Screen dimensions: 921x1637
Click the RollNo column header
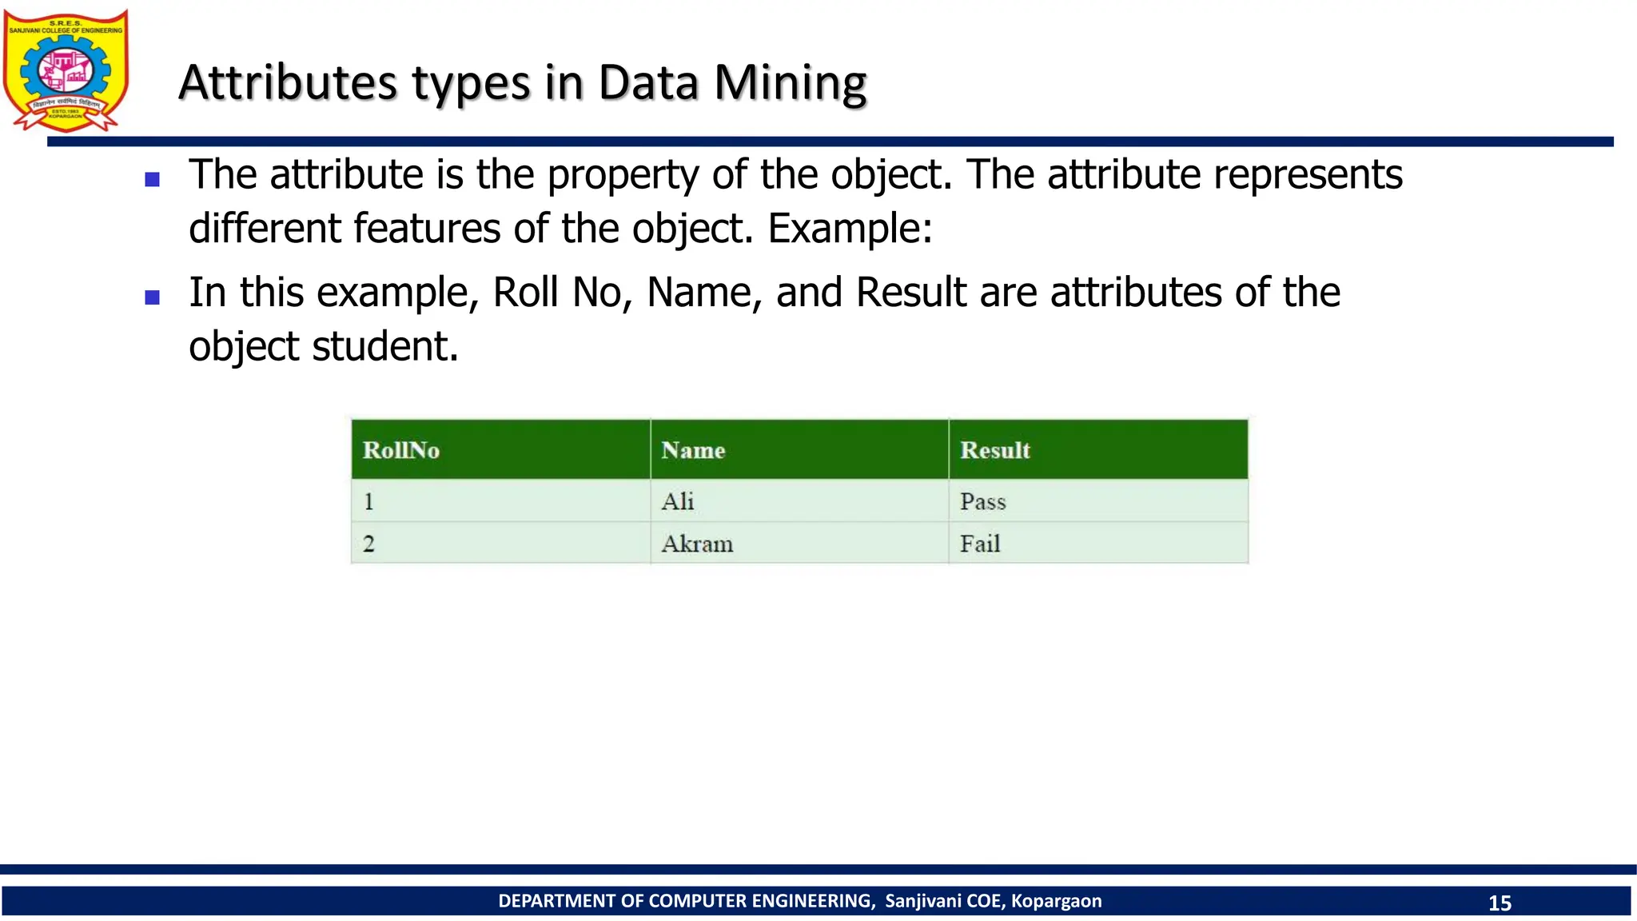[401, 450]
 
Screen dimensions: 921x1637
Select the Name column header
[693, 450]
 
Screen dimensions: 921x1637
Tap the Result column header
[995, 450]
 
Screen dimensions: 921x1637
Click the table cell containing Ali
[678, 501]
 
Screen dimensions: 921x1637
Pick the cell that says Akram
[697, 544]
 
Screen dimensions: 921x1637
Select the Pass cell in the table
[982, 501]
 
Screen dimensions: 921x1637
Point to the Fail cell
[980, 544]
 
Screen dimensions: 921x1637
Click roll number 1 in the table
[368, 501]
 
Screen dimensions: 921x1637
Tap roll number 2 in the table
[368, 544]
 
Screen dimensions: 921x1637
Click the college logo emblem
[66, 70]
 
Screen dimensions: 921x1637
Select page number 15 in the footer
[1500, 903]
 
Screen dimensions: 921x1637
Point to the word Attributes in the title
[288, 82]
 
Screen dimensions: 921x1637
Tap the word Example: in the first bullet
[850, 229]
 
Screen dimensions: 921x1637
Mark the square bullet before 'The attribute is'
[153, 180]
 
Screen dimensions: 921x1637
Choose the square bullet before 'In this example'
[153, 297]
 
